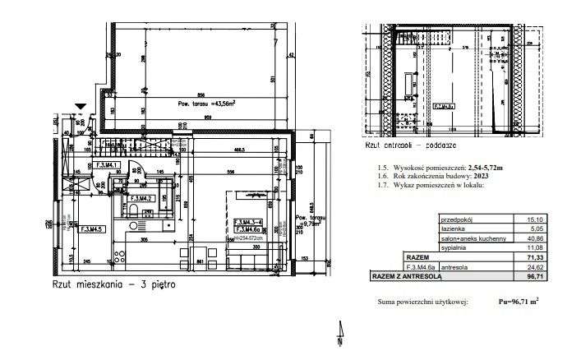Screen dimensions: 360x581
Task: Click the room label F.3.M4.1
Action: click(x=108, y=165)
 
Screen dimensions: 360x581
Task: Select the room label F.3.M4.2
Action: click(x=145, y=198)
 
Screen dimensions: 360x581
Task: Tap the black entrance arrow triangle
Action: click(x=79, y=106)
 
